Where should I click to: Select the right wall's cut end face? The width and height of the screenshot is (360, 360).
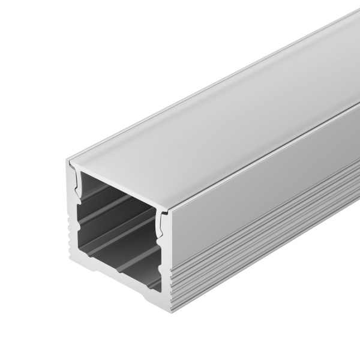point(163,264)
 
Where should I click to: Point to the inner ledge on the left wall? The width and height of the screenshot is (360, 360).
point(77,204)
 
